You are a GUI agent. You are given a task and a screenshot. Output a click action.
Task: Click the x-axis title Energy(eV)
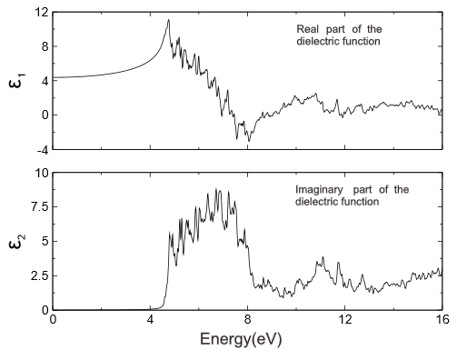[248, 344]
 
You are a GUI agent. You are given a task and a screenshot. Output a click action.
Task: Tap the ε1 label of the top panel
[20, 80]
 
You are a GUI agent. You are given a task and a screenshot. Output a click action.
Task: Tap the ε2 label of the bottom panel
[20, 242]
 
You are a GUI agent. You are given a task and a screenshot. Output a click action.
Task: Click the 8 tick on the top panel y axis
[42, 45]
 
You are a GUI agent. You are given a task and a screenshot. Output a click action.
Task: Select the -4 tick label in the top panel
[40, 149]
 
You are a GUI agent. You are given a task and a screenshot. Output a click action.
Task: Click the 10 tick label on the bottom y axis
[39, 173]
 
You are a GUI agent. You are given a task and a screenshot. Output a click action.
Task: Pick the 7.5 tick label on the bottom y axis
[37, 206]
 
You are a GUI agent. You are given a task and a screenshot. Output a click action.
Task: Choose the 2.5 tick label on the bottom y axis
[37, 275]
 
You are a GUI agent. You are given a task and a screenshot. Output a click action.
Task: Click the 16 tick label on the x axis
[441, 321]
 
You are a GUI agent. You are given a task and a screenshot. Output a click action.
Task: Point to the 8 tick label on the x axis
[247, 321]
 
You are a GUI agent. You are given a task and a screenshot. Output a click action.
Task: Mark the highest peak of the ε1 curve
[168, 20]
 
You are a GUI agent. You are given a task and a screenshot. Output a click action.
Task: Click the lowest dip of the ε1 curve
[248, 141]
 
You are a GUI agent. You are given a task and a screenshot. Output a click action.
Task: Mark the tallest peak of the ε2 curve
[217, 188]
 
